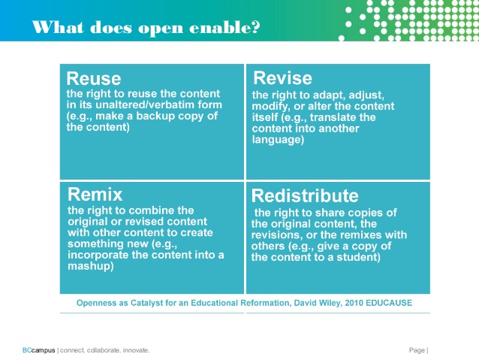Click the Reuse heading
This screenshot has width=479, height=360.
94,79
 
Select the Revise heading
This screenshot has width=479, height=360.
282,78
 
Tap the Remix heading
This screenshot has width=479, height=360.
95,195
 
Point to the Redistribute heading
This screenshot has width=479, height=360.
305,195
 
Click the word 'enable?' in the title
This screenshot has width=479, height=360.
224,28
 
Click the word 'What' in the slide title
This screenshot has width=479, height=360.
57,27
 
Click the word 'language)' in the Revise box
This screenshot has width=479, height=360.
278,140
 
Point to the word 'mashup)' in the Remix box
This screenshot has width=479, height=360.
91,266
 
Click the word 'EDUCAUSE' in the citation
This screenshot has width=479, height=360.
389,303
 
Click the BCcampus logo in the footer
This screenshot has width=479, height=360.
39,350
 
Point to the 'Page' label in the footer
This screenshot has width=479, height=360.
417,350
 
